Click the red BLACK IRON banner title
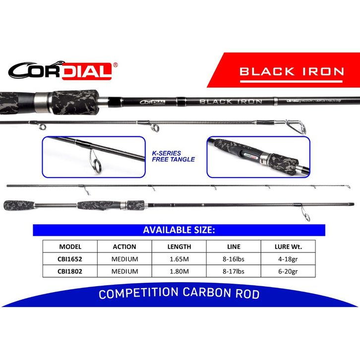[x=292, y=71]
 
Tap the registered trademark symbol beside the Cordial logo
[x=115, y=64]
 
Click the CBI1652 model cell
[x=70, y=259]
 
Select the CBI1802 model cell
[x=70, y=271]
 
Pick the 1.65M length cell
[x=179, y=259]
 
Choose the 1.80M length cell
[x=179, y=271]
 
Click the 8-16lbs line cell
[x=234, y=259]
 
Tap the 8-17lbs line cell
[x=234, y=271]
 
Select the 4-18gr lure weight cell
[x=288, y=259]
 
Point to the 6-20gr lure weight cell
[x=288, y=271]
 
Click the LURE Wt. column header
[x=288, y=246]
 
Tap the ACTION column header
[x=124, y=246]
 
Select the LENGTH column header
[x=179, y=246]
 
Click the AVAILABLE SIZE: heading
[x=179, y=230]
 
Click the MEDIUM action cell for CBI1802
[x=124, y=271]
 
